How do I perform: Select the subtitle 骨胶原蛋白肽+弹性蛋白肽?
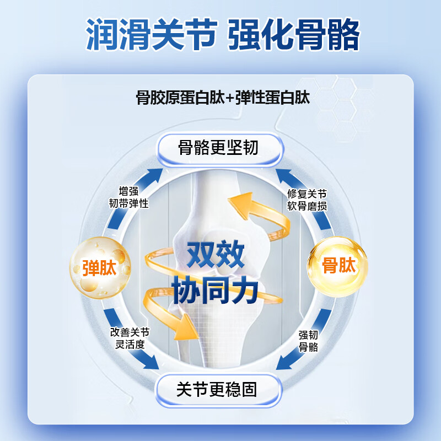click(x=223, y=98)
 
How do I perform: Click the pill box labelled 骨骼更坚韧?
click(x=219, y=148)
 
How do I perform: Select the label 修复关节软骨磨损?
click(x=307, y=200)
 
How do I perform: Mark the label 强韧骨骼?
click(x=308, y=341)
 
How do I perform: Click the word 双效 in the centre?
click(x=216, y=256)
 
